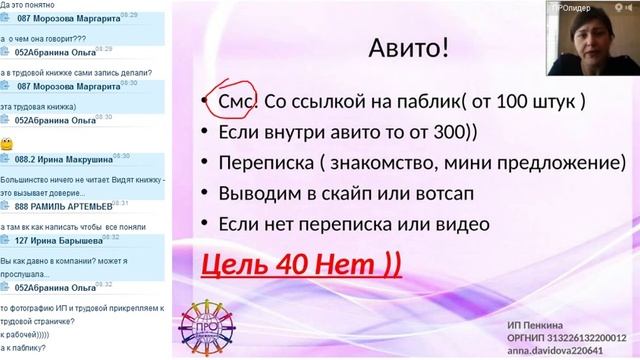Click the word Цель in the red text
coord(237,264)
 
